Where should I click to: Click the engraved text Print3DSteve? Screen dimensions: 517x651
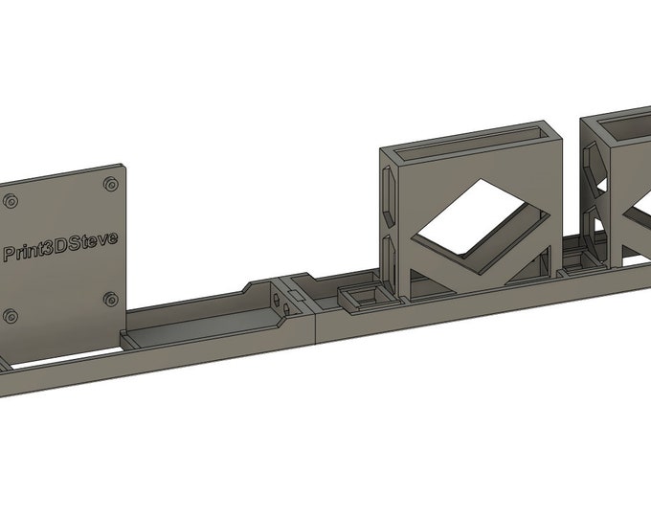click(x=60, y=245)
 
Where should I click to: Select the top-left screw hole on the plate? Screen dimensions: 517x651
click(x=11, y=201)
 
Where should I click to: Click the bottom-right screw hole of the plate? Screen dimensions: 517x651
click(x=112, y=299)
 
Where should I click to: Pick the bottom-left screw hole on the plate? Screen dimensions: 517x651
click(x=11, y=316)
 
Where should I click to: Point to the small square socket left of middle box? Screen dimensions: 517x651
click(x=363, y=297)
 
